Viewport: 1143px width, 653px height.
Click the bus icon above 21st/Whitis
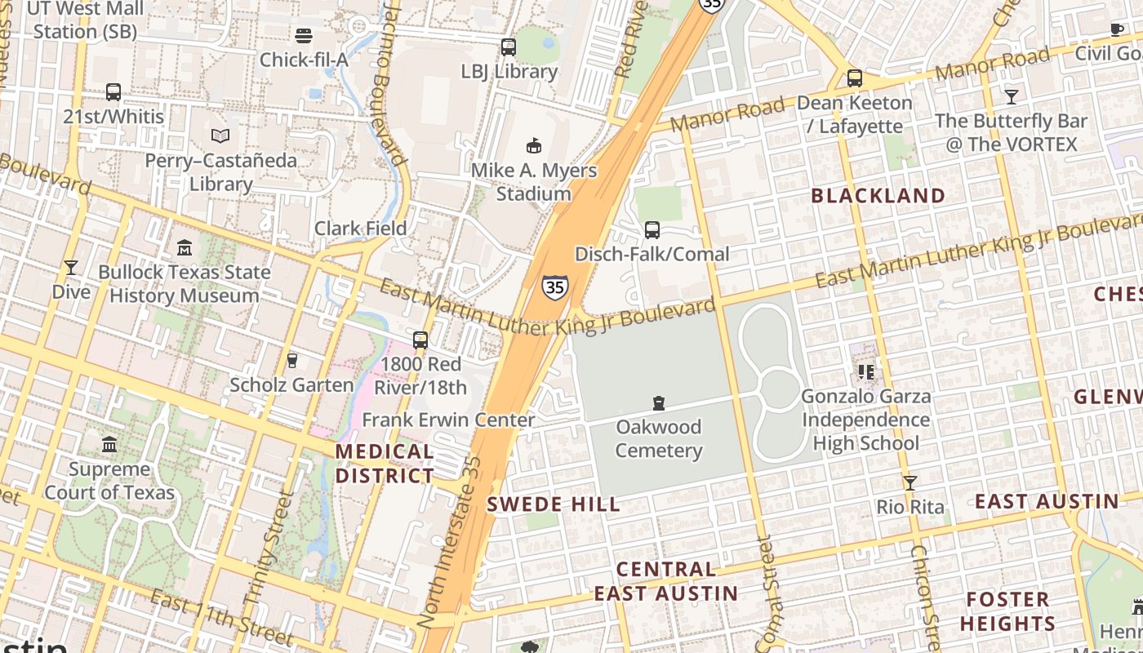coord(113,92)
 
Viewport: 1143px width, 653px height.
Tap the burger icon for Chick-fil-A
coord(304,36)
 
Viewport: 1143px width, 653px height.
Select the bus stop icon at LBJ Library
coord(509,47)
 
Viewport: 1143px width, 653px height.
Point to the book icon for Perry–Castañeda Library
coord(220,135)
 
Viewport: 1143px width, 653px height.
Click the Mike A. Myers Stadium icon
coord(534,146)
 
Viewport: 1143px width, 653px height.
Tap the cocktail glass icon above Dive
coord(71,267)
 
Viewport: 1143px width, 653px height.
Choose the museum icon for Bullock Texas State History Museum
coord(185,247)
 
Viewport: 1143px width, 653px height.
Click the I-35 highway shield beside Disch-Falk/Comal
coord(554,287)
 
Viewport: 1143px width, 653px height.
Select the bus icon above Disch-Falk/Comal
coord(652,230)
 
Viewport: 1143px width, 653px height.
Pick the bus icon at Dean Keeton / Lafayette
coord(855,78)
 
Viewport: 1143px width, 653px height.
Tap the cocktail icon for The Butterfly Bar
coord(1012,97)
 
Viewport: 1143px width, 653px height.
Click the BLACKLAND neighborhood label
coord(878,196)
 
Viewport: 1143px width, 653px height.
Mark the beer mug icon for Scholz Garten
coord(291,360)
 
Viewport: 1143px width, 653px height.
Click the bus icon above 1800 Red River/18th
coord(420,340)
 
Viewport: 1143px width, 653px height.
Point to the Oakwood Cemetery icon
coord(659,402)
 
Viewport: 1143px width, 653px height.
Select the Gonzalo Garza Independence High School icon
coord(866,372)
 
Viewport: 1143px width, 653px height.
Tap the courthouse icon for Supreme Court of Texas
coord(109,445)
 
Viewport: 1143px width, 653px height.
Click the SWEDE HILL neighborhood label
coord(554,504)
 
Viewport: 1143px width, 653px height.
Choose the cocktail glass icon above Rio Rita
coord(910,482)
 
